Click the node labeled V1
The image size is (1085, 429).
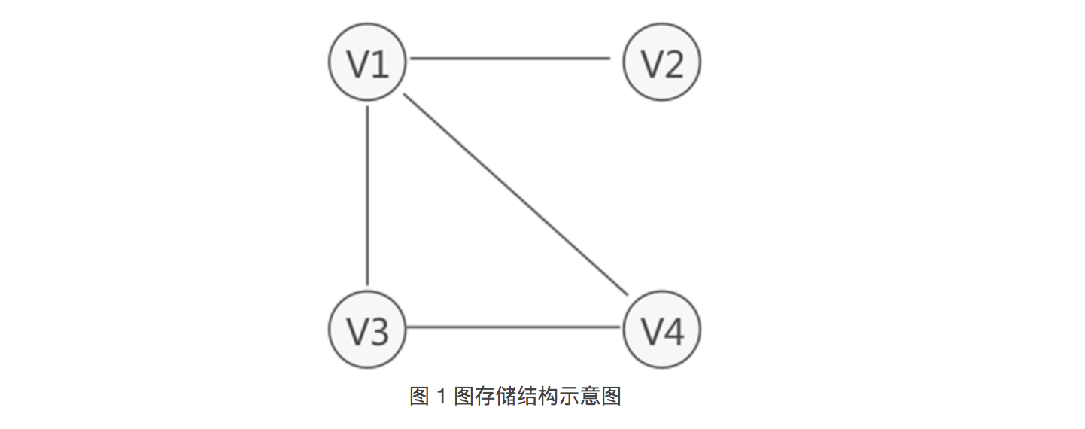[367, 62]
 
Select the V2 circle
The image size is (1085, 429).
[662, 62]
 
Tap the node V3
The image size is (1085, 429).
[367, 329]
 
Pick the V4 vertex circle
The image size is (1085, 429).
[662, 329]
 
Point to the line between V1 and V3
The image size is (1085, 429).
[367, 196]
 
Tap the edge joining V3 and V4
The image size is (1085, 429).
[515, 327]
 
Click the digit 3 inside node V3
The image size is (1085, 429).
[378, 331]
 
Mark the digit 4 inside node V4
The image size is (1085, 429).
[673, 331]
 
